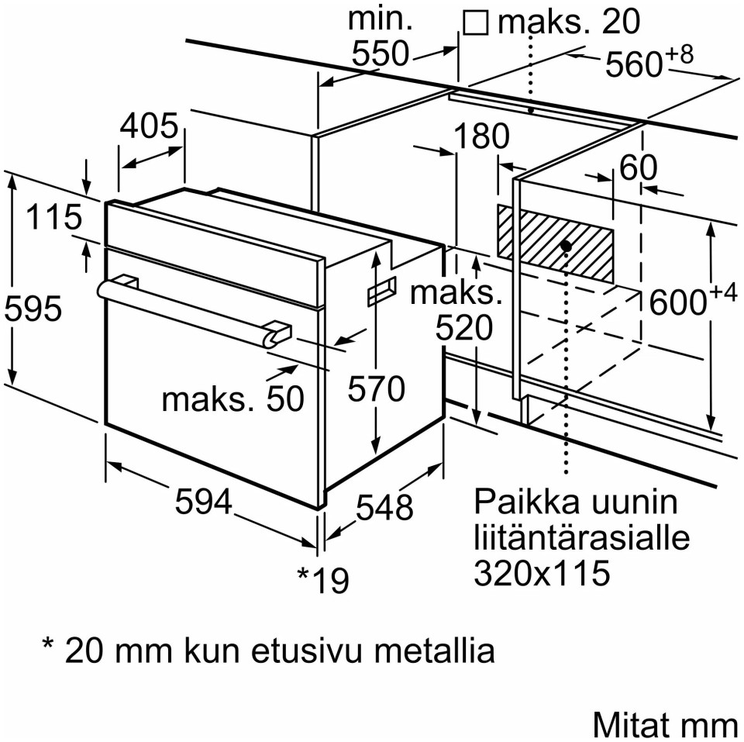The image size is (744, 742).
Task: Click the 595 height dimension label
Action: point(32,309)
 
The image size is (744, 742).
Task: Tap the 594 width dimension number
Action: point(203,503)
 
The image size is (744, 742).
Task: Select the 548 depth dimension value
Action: point(384,507)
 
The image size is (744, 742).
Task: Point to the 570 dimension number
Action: point(376,388)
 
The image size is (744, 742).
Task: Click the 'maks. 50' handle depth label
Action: point(232,399)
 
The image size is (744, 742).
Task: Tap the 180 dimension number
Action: point(481,136)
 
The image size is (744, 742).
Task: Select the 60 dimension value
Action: point(638,167)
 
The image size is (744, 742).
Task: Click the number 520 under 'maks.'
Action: point(463,330)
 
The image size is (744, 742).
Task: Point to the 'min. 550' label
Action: point(381,37)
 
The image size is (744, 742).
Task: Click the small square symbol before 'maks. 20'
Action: point(475,23)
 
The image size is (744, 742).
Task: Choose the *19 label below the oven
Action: point(323,579)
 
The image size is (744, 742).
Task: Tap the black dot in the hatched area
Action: point(566,246)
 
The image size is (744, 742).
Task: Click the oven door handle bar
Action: point(186,306)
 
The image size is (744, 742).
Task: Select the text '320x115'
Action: point(542,574)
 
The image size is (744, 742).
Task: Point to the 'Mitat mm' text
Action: point(665,724)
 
